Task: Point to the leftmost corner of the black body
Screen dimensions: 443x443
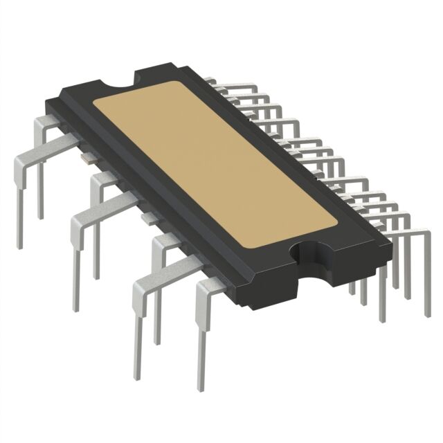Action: pyautogui.click(x=46, y=103)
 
